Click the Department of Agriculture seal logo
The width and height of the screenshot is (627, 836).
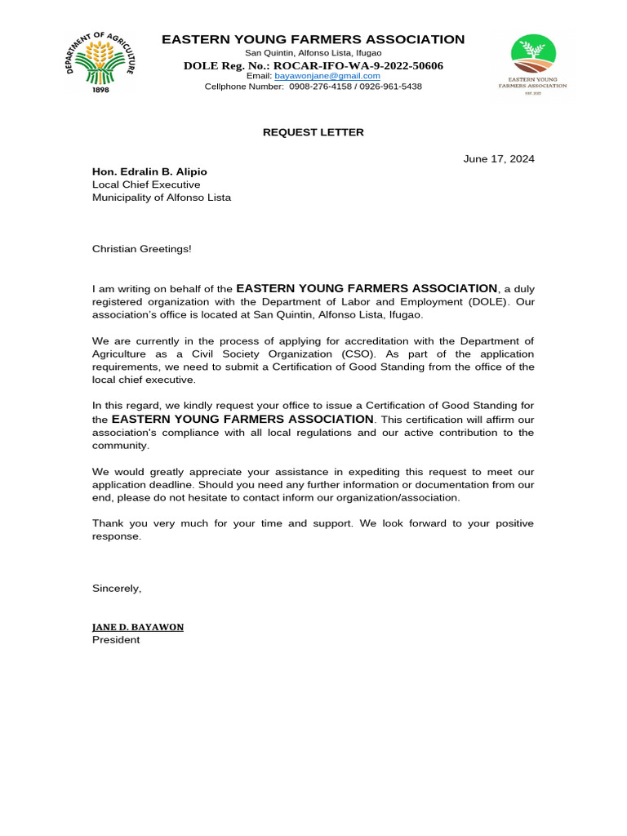100,60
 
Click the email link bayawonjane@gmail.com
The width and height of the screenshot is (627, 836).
327,76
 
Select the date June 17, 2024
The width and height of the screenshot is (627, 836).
499,159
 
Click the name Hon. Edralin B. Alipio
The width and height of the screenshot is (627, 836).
149,171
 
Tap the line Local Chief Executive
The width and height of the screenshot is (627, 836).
146,185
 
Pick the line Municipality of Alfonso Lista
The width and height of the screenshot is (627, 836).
162,198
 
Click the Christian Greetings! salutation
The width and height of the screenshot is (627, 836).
142,248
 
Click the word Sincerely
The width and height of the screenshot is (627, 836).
117,588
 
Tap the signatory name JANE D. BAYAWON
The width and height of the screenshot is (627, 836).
138,627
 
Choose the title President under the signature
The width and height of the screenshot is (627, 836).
116,640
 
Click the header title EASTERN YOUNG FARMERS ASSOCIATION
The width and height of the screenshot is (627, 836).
313,40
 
